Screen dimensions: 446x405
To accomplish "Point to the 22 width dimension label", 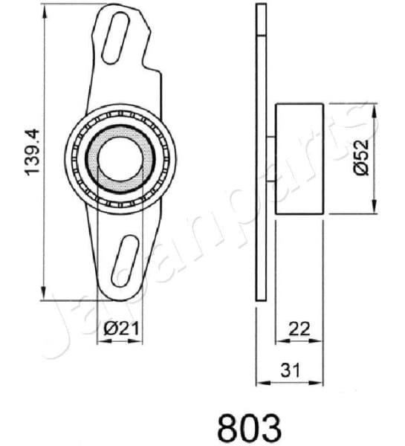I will (299, 326).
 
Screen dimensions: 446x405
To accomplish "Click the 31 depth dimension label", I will (289, 368).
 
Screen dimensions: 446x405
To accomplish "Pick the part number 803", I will (249, 427).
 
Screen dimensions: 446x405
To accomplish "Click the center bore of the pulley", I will (120, 158).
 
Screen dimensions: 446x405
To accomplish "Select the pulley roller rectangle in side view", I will (299, 158).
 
